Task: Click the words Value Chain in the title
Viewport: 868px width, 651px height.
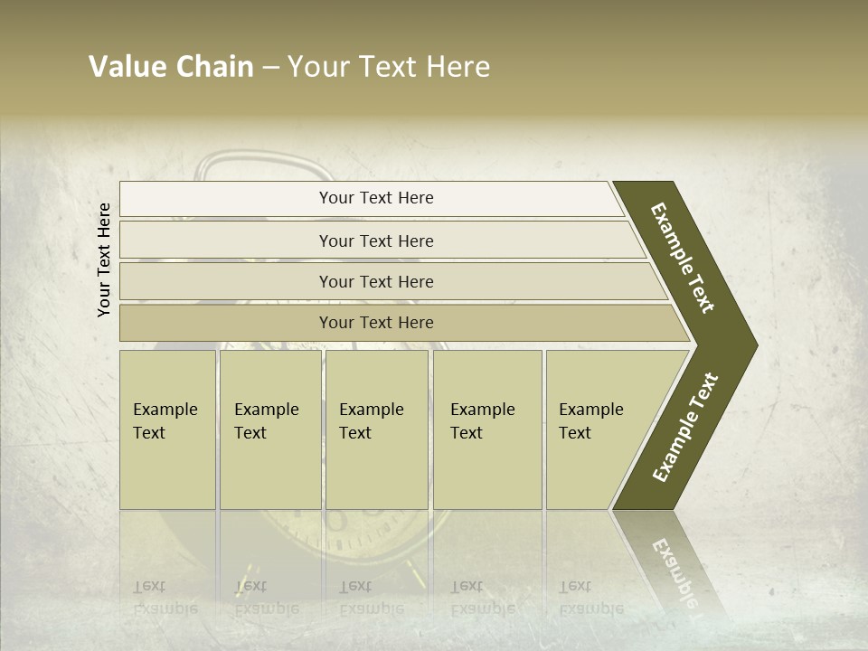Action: point(171,67)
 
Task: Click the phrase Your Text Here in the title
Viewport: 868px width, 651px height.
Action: point(389,67)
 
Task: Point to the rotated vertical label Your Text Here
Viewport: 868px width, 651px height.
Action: point(104,259)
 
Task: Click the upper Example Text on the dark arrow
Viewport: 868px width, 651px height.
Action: point(683,258)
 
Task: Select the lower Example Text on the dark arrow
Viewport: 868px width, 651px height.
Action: point(685,427)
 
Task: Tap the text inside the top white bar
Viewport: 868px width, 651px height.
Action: point(376,198)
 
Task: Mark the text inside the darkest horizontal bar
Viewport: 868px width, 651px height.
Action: point(376,323)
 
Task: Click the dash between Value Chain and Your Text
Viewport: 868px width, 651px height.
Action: point(270,68)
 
